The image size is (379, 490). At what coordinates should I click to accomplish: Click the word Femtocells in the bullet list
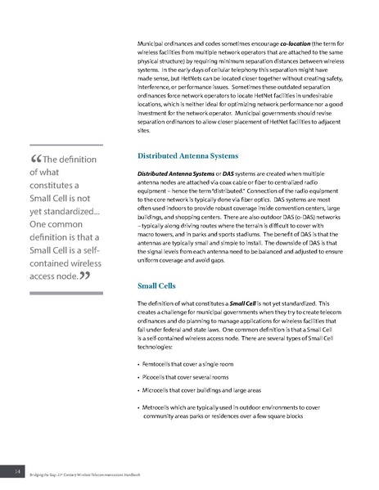click(x=160, y=362)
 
